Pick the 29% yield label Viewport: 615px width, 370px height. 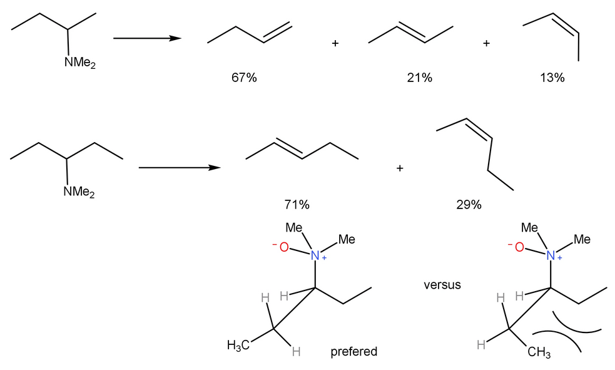pos(469,205)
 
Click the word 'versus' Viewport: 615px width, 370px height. pos(442,285)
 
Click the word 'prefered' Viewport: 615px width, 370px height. pos(354,352)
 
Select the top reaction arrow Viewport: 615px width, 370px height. pos(147,39)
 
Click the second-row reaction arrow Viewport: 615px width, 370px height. pos(179,168)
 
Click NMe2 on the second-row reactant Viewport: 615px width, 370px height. pos(78,192)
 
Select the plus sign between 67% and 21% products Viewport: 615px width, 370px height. pos(335,44)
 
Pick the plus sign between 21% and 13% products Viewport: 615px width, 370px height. pos(486,44)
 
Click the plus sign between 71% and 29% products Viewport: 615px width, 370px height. pos(400,168)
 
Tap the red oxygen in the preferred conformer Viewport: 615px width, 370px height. pos(283,247)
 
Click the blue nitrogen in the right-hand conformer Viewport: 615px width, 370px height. pos(551,255)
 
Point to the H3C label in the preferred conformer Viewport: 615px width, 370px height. pos(239,345)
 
